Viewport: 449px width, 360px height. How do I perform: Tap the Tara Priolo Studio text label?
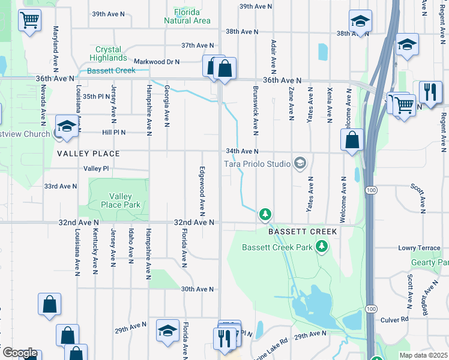pos(258,163)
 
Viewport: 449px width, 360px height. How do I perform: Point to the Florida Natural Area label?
pos(187,16)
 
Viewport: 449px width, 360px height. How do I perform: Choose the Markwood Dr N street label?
pos(157,61)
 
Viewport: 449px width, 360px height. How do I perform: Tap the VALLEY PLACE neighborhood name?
pos(88,154)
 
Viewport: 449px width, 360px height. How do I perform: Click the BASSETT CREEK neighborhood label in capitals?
pos(303,232)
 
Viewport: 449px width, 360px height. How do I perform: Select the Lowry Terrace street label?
pos(420,248)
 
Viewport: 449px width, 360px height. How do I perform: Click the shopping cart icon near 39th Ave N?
pos(29,20)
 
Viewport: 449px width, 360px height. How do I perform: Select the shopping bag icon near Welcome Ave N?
pos(352,140)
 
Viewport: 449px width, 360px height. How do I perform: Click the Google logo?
pos(19,353)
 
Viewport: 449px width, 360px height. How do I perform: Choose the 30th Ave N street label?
pos(197,289)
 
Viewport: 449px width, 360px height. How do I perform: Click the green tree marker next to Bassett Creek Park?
pos(322,246)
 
